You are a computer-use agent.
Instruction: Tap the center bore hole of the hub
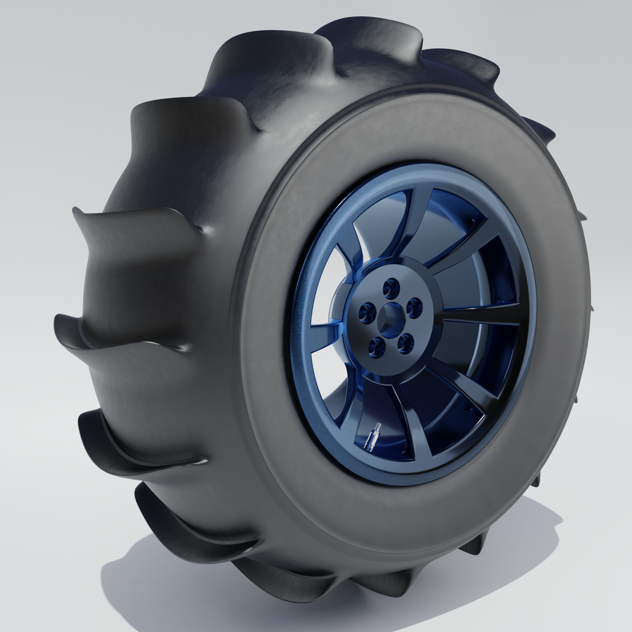click(391, 320)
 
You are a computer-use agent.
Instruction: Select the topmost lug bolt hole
click(391, 288)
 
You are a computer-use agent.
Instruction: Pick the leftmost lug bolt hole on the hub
click(367, 313)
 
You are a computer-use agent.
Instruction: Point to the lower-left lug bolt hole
click(376, 347)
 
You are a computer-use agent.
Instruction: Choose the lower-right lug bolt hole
click(405, 344)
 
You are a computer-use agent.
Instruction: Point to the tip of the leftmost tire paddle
click(62, 324)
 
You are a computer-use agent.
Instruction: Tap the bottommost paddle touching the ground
click(278, 586)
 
